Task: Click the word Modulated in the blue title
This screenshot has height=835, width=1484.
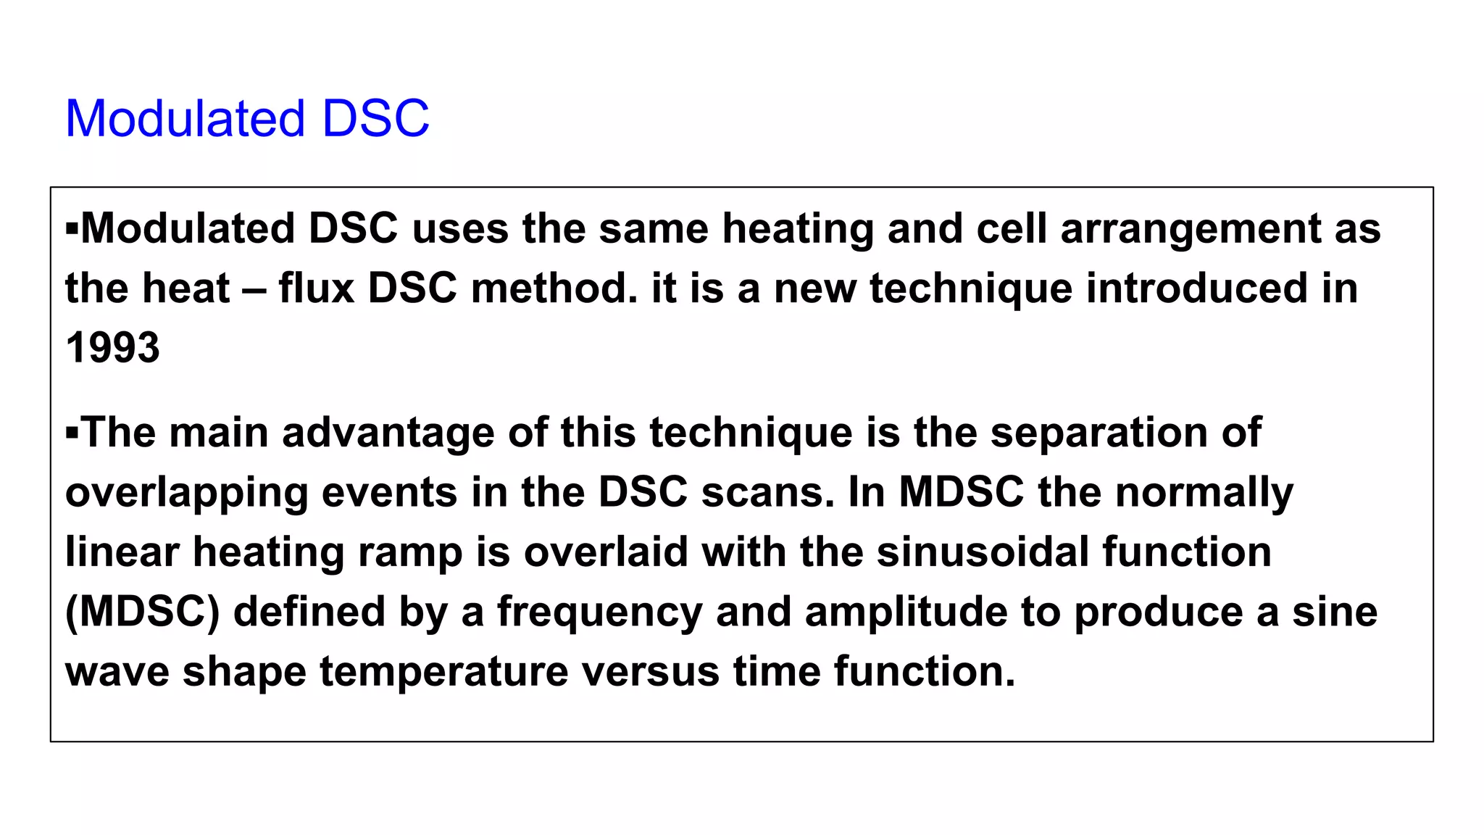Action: pos(185,118)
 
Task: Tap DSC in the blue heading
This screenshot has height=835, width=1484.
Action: pos(375,118)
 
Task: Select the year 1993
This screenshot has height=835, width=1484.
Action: pos(112,348)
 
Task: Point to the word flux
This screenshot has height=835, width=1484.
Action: pos(316,288)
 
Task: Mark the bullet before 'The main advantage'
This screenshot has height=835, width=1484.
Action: pos(72,433)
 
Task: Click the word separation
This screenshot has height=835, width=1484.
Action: pos(1099,433)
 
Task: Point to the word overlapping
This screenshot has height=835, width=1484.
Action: pos(186,494)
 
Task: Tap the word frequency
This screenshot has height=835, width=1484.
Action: pos(599,613)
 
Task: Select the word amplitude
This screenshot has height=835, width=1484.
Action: pos(905,612)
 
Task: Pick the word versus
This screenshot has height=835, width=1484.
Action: pos(650,673)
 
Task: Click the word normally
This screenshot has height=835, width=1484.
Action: pos(1204,494)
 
